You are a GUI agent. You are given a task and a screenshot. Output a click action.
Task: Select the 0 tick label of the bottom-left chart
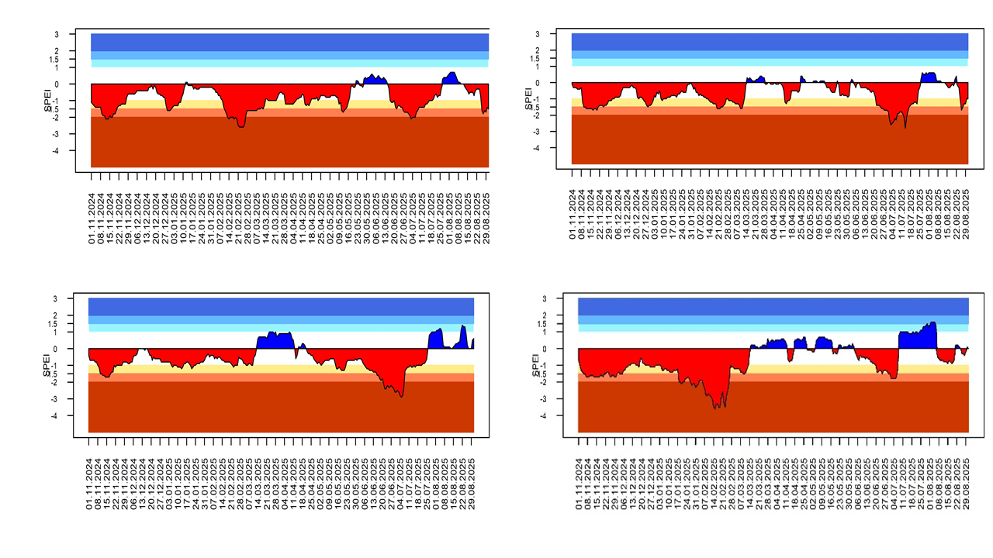coord(56,349)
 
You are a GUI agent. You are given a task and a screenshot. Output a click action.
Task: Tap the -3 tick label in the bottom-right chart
coord(545,399)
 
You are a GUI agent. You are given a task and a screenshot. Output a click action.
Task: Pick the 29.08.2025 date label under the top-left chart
coord(486,222)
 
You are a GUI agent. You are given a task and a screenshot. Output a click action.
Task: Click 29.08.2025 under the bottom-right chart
coord(967,485)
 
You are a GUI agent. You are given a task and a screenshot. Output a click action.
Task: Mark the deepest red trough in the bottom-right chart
coord(716,407)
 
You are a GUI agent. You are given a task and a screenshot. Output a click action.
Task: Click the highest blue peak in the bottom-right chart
coord(933,323)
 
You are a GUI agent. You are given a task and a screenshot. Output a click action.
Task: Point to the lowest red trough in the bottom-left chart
coord(401,396)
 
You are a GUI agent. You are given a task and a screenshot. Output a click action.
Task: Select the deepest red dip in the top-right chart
coord(905,126)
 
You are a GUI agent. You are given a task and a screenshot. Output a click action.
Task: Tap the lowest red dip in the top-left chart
coord(241,126)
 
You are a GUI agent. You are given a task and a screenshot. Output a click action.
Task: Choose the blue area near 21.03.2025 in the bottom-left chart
coord(275,340)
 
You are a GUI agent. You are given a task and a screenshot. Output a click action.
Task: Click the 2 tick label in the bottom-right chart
coord(545,315)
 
